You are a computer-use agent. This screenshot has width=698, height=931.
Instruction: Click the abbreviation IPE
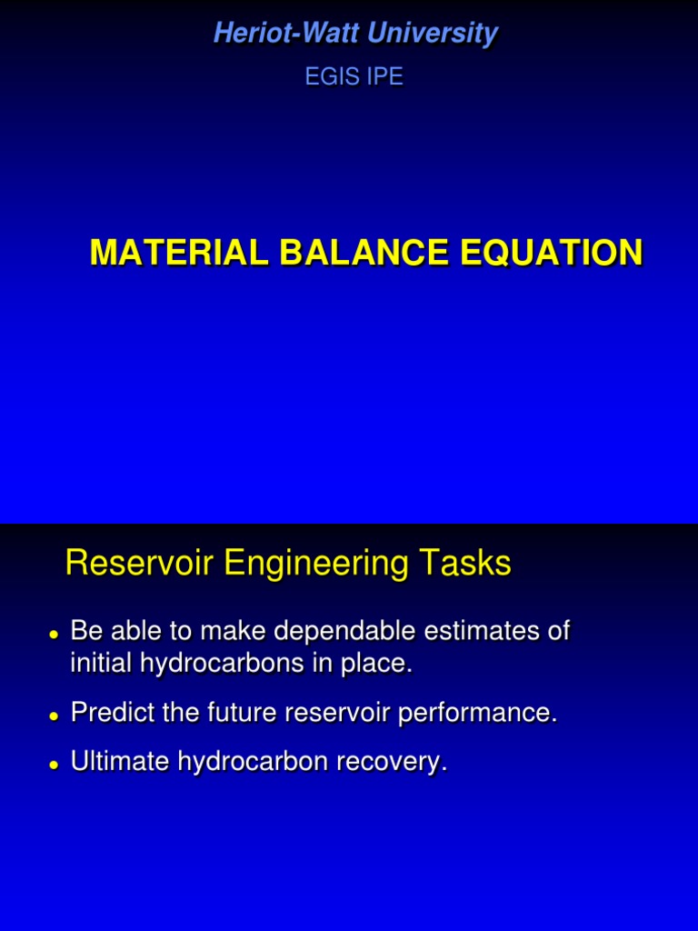click(x=383, y=77)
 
